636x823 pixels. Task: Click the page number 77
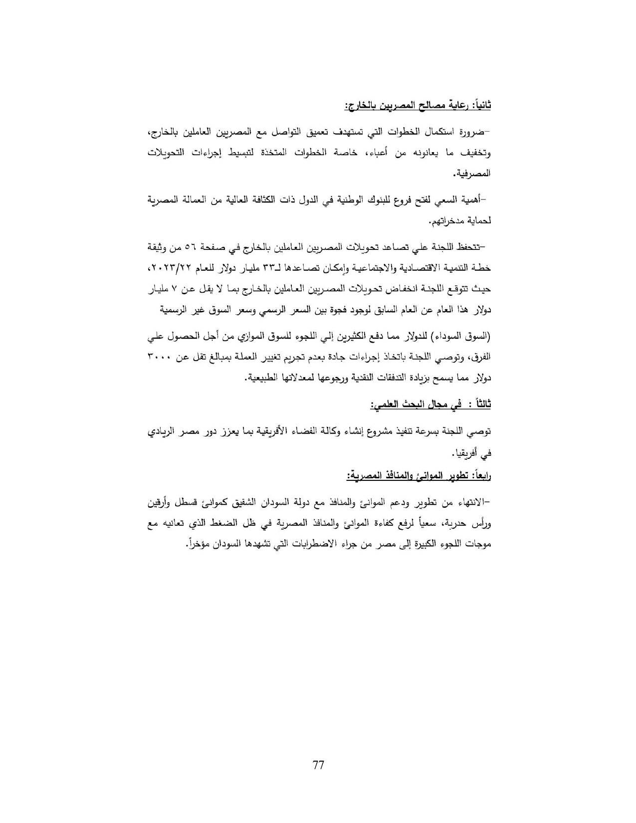coord(318,765)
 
